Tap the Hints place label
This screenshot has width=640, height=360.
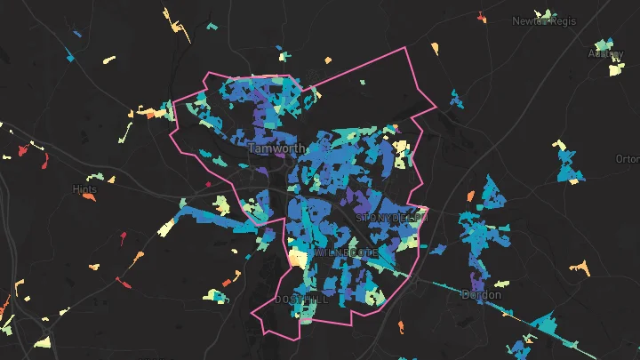[x=84, y=189]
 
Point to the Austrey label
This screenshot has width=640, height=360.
[x=606, y=53]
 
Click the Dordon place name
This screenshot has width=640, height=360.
[x=481, y=294]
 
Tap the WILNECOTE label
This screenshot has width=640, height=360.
[x=346, y=253]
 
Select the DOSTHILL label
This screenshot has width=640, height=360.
[x=301, y=300]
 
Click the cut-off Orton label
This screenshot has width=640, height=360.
[x=628, y=159]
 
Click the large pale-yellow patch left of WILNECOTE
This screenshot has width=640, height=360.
[x=297, y=258]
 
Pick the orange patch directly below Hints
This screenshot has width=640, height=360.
[x=88, y=198]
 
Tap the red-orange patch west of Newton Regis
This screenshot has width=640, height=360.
[x=481, y=16]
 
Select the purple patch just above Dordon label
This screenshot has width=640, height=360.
[x=478, y=281]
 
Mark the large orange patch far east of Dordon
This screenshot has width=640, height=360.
[x=579, y=266]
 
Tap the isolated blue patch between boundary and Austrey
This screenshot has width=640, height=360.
[x=456, y=98]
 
